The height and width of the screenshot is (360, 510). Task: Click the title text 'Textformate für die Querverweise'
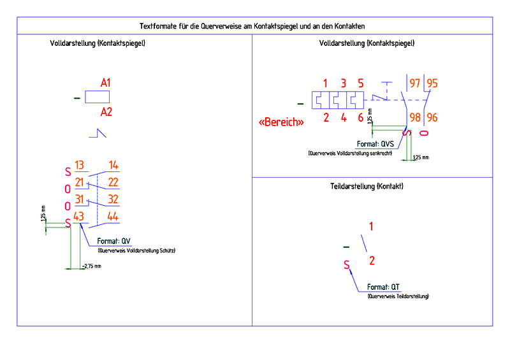tap(255, 25)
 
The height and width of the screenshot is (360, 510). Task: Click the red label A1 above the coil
tap(106, 83)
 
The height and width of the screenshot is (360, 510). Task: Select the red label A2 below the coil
tap(106, 112)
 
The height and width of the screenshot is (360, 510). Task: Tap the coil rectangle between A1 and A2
tap(97, 97)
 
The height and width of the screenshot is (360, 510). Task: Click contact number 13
tap(80, 166)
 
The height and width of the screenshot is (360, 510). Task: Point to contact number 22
tap(113, 183)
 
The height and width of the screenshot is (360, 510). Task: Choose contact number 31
tap(80, 199)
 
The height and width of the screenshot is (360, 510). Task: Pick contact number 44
tap(113, 217)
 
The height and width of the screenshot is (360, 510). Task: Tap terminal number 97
tap(415, 83)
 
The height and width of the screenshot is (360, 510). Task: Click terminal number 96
tap(432, 117)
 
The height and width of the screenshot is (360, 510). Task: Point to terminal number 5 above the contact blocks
tap(361, 83)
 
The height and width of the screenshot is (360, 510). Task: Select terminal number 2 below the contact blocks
tap(326, 117)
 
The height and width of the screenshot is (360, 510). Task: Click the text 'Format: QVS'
tap(377, 144)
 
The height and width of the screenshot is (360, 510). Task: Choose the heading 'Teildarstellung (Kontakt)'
tap(367, 187)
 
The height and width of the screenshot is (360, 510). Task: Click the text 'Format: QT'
tap(383, 287)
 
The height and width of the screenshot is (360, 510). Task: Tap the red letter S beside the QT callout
tap(347, 265)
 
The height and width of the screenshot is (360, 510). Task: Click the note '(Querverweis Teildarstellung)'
tap(398, 297)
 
